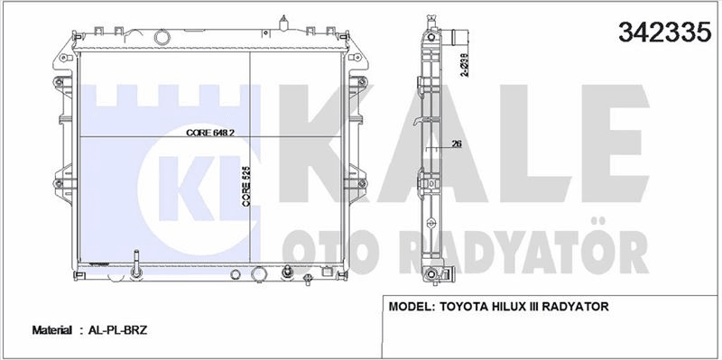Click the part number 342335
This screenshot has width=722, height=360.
point(664,32)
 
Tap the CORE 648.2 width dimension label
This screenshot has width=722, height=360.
point(210,133)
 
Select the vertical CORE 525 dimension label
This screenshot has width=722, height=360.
point(245,187)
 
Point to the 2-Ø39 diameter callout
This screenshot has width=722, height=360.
point(465,64)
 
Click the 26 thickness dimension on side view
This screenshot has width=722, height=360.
point(457,143)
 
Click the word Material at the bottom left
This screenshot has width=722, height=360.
point(51,330)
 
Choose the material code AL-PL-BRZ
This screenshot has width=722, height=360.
point(116,330)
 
